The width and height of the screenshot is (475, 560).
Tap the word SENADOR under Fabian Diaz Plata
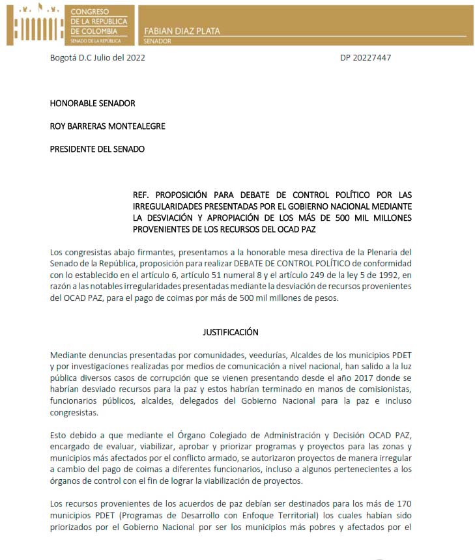(x=157, y=40)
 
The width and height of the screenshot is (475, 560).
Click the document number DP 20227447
(x=366, y=57)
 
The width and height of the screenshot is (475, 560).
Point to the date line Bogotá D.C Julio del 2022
(x=98, y=57)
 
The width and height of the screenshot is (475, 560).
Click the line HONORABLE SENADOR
(x=93, y=103)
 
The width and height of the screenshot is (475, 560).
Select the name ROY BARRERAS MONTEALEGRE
(x=108, y=126)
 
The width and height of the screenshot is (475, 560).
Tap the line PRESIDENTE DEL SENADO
(x=97, y=148)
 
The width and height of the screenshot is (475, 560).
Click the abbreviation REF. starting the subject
(x=141, y=195)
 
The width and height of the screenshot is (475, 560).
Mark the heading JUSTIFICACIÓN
(x=231, y=332)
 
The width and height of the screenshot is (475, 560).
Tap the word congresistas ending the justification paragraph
(x=74, y=413)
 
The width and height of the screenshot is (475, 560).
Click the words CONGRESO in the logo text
(x=90, y=12)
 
